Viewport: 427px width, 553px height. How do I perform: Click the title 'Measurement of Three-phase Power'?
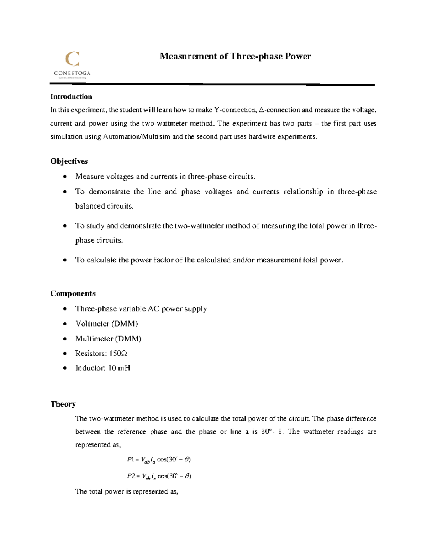click(x=235, y=56)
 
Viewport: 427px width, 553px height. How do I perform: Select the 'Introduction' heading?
click(x=71, y=97)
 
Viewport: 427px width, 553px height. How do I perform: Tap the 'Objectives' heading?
click(x=69, y=161)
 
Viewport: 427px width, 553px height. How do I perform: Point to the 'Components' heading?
click(x=73, y=293)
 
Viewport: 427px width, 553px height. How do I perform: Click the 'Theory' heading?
click(x=63, y=404)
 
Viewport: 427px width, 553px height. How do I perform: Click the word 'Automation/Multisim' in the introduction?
click(x=137, y=137)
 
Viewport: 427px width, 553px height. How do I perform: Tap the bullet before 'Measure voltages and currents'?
click(x=64, y=177)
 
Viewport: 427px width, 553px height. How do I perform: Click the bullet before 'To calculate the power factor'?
click(x=64, y=260)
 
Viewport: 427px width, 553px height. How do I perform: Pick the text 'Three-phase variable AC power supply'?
click(x=141, y=309)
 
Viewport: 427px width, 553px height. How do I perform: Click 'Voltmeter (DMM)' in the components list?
click(x=106, y=324)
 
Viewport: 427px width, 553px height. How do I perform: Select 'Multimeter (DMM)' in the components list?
click(x=108, y=339)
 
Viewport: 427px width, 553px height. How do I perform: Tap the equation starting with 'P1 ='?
click(x=159, y=460)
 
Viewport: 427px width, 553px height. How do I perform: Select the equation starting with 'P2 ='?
click(x=159, y=476)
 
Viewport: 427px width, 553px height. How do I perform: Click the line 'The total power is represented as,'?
click(x=126, y=491)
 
